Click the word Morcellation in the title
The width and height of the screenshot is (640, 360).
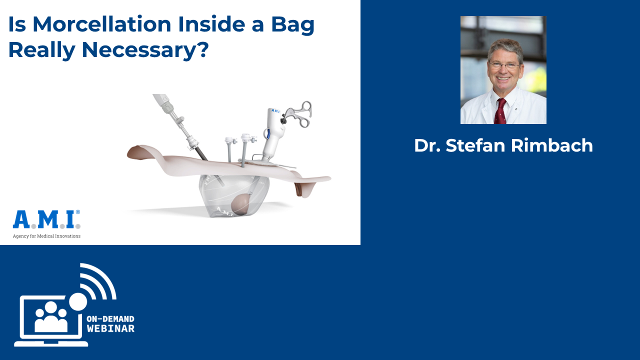point(102,24)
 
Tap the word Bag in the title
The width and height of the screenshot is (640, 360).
point(293,25)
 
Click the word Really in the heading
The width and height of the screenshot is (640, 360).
point(42,50)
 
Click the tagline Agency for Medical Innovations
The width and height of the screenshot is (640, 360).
point(46,236)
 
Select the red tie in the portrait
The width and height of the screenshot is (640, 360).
point(500,111)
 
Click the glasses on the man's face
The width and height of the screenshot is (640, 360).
point(504,65)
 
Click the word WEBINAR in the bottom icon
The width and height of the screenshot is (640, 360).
point(110,328)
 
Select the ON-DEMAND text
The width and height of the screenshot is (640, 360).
point(110,319)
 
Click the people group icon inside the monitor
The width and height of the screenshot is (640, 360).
point(51,317)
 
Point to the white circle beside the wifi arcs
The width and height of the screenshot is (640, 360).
point(78,301)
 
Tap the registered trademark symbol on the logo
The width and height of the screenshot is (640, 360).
point(78,212)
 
